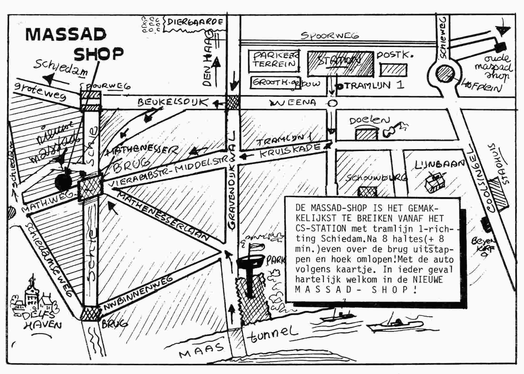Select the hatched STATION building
tap(340, 63)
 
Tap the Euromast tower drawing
tap(250, 273)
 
